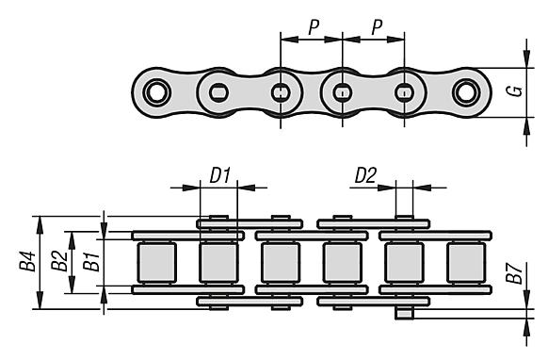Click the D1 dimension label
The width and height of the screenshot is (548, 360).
point(219,175)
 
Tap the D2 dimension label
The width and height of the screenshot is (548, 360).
point(365,175)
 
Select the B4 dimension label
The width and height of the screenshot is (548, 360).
point(27,261)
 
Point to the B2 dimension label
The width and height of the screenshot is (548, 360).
point(59,261)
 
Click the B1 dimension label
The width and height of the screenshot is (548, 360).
point(91,262)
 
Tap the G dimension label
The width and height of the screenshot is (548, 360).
point(514,91)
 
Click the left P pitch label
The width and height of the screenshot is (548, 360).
point(314,27)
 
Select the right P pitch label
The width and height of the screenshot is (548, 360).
point(377,27)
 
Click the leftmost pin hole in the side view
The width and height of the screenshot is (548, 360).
point(157,92)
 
